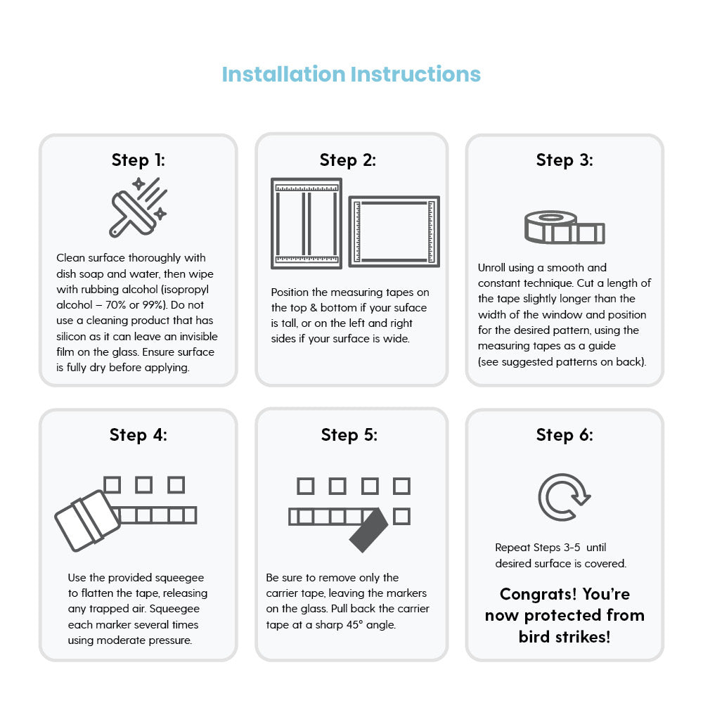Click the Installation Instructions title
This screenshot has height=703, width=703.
click(351, 75)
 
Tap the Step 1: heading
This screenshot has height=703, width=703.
click(138, 160)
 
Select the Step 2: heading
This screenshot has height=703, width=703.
click(348, 160)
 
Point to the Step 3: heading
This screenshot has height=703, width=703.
click(565, 160)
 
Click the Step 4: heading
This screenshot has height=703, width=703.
click(138, 435)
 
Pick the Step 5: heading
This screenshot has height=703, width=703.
click(349, 435)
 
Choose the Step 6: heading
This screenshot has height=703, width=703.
click(565, 435)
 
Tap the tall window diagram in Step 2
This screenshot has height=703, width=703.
click(307, 224)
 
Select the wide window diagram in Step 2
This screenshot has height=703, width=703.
click(394, 231)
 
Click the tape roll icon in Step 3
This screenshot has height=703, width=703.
click(565, 227)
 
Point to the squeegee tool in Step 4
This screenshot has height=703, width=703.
click(87, 520)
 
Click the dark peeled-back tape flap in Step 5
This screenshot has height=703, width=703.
click(368, 530)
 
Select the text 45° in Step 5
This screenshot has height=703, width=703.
click(354, 624)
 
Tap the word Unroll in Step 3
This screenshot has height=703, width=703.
click(491, 268)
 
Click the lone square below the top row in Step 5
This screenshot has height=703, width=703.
click(401, 517)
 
